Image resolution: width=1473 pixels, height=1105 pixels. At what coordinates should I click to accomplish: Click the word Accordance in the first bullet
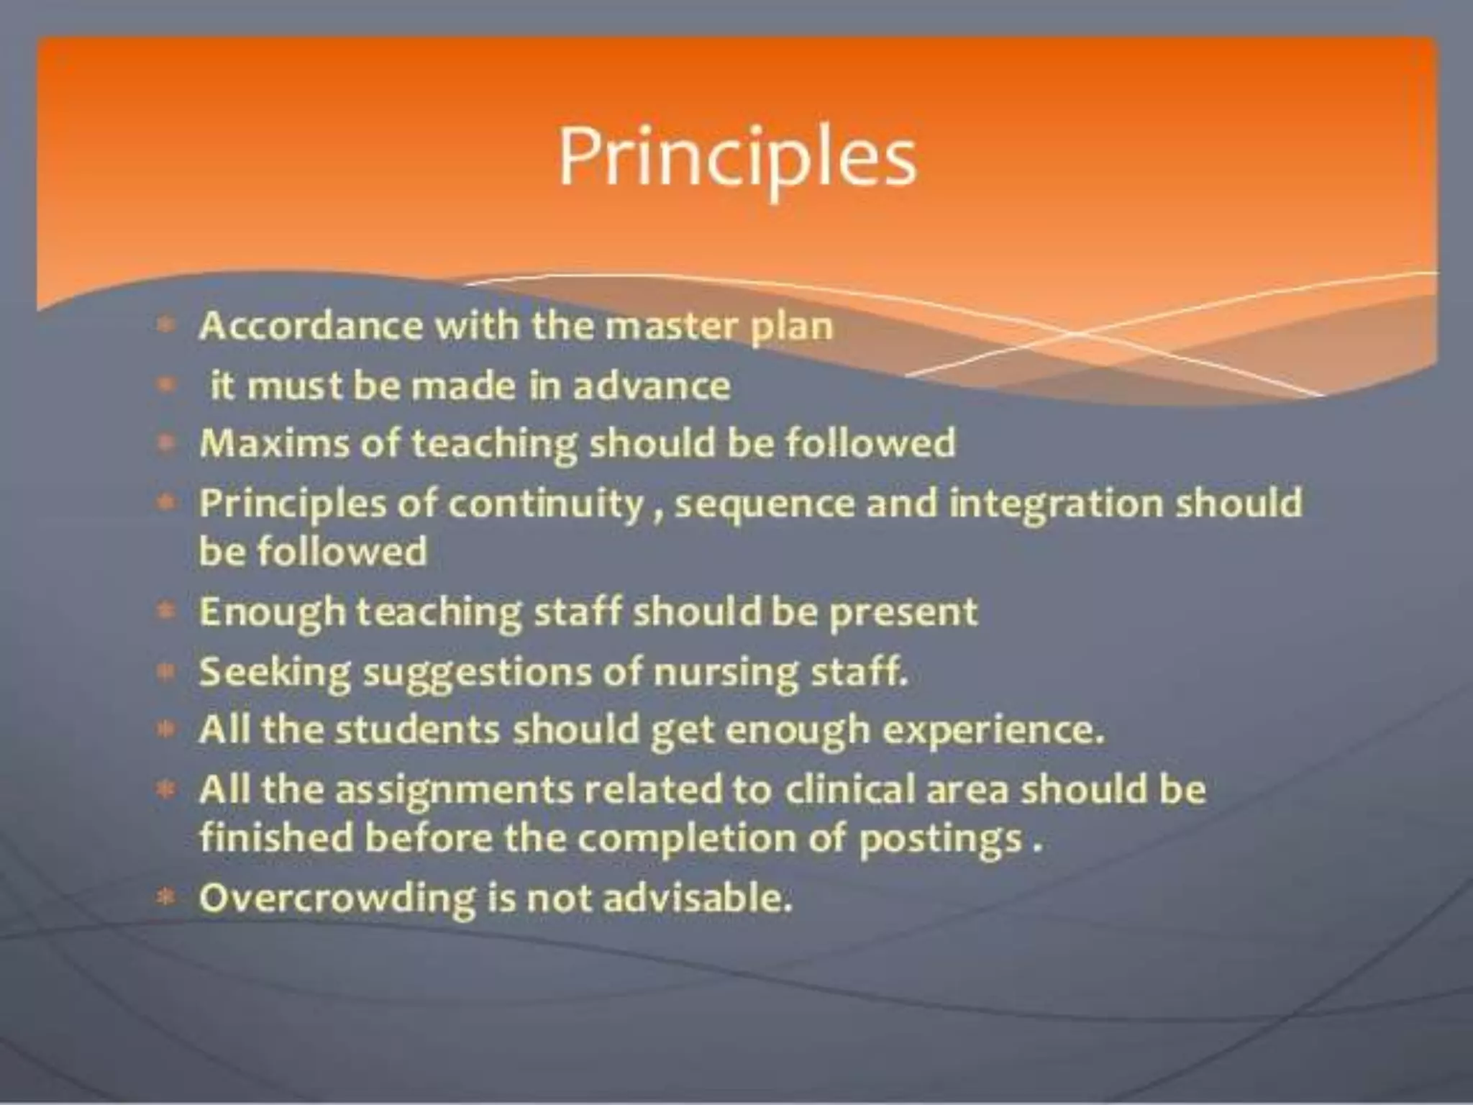311,326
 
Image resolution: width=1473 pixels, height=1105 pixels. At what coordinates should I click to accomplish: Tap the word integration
1055,504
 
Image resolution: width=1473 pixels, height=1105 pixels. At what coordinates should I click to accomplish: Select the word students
417,730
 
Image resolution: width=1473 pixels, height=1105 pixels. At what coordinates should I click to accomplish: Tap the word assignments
455,790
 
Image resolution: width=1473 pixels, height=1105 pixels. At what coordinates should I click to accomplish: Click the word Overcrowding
337,899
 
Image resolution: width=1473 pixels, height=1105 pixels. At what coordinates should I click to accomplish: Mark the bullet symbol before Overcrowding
166,897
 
